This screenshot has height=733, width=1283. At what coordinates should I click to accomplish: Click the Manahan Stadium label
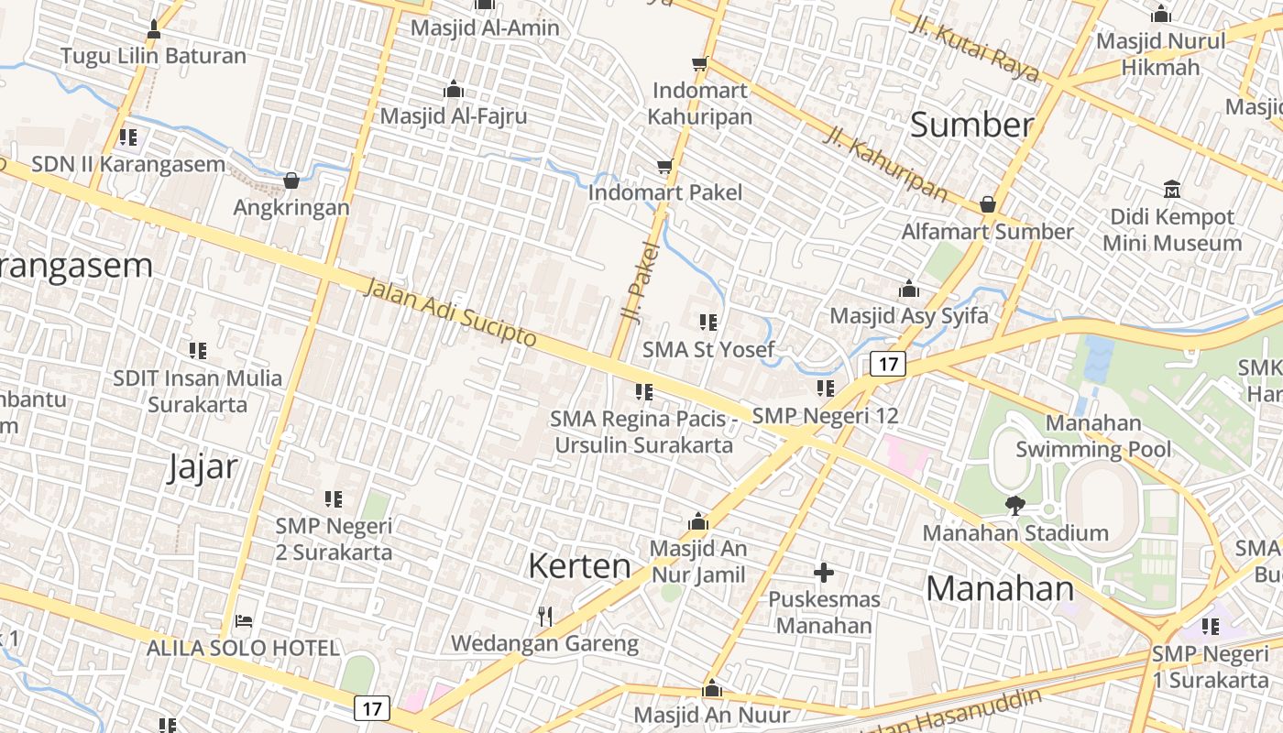1015,532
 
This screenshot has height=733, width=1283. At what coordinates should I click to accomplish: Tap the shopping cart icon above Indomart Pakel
665,167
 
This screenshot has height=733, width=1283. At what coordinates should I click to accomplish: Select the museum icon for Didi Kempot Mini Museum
1171,190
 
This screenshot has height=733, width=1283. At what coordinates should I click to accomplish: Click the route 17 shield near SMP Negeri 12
887,365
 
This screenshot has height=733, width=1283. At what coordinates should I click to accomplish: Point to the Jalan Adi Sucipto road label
450,312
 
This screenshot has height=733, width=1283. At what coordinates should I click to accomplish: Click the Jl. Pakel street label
640,281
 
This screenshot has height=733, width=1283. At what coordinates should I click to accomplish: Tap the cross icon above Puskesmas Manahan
824,574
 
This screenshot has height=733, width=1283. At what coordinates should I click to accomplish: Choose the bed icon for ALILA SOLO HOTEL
243,621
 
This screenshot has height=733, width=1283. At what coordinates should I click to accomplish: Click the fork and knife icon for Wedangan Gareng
545,617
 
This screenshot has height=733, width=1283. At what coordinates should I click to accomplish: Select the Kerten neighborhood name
579,565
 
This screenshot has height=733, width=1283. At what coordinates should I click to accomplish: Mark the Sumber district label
971,126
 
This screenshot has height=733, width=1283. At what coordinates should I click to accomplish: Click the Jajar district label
203,467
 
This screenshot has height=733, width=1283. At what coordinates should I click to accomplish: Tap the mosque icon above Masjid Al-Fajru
453,90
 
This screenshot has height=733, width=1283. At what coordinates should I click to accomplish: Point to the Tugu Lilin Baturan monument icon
154,29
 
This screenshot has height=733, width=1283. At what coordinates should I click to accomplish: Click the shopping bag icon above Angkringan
291,181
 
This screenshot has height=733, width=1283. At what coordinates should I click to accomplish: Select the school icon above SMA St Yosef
707,323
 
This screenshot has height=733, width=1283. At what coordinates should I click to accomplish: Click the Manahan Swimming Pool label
1093,436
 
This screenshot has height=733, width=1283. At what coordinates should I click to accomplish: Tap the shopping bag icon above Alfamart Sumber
987,204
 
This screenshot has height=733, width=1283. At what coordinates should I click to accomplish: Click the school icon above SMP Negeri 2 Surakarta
334,499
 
